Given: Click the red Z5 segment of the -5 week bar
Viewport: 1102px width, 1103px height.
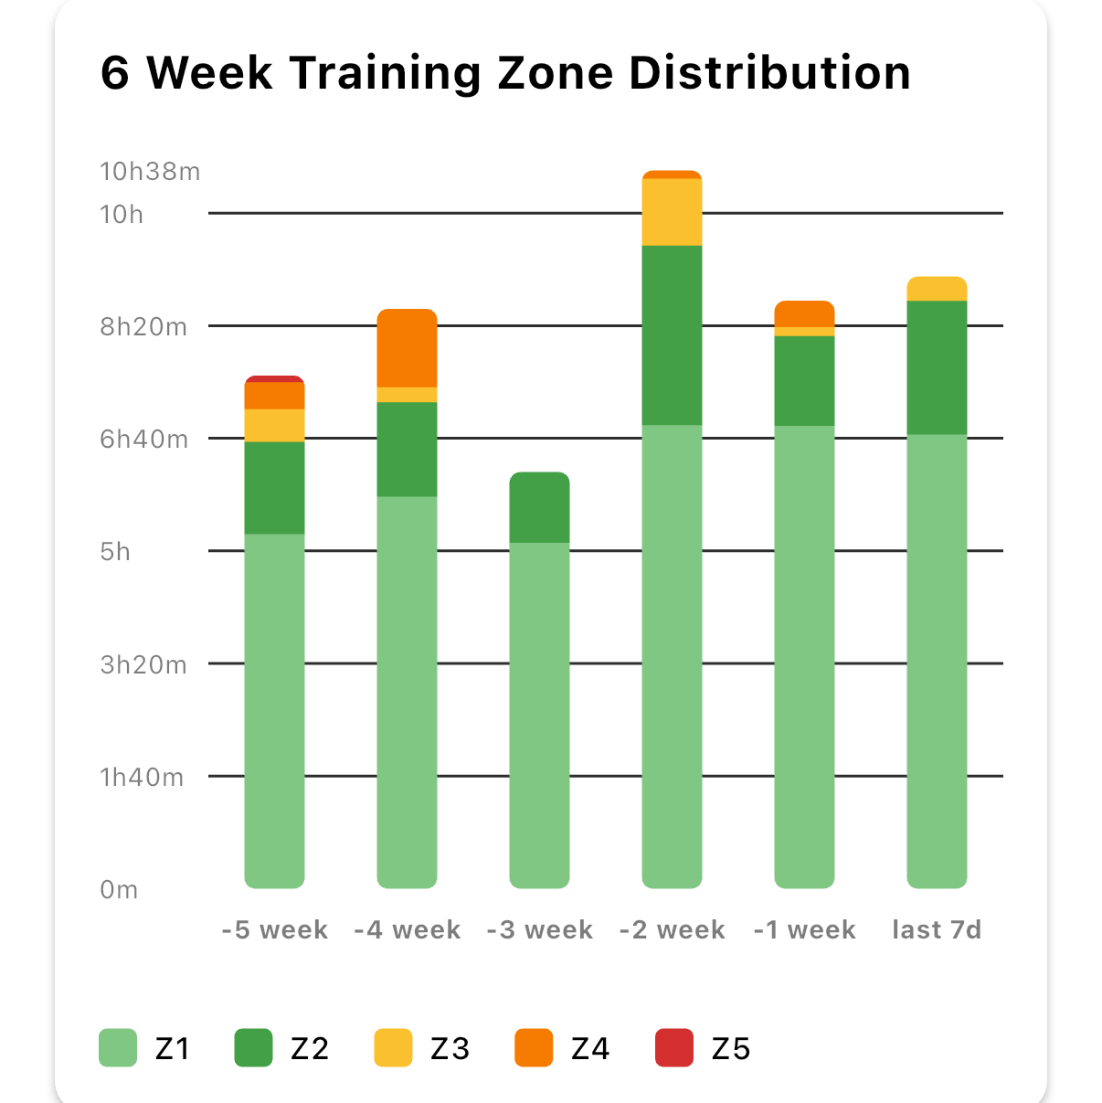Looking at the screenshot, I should pos(274,378).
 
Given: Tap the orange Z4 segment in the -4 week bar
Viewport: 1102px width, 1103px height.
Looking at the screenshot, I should pos(407,348).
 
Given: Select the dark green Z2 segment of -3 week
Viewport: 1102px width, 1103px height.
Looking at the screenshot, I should pos(539,507).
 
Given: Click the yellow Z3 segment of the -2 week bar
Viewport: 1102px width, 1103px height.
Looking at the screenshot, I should pos(672,212).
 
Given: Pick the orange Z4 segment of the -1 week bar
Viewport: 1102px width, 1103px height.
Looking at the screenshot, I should pos(804,313).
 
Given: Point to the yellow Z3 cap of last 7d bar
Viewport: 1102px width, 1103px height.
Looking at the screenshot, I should pos(937,289).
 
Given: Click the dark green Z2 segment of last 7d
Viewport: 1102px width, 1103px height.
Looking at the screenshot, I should pos(937,367).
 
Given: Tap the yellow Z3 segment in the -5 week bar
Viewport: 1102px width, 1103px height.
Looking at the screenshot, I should pos(274,425).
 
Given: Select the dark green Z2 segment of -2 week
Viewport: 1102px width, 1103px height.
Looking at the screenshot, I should pos(672,335).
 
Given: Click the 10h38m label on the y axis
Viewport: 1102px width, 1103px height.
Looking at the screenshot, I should pos(150,172).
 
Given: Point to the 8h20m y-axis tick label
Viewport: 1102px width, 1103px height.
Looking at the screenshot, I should pos(143,326).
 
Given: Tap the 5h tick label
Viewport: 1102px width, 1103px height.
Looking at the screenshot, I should pos(116,552).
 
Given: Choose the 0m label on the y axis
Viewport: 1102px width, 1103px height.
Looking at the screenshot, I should pos(119,889).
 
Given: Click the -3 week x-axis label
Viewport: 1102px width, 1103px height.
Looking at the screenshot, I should pos(539,930).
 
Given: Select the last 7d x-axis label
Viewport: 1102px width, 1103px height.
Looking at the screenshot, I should pos(937,930).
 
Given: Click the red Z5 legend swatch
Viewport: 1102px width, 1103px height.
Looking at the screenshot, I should pos(674,1048).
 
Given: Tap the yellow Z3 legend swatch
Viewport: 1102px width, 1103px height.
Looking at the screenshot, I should pos(393,1048).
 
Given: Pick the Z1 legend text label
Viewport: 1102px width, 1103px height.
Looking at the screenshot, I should pos(173,1049).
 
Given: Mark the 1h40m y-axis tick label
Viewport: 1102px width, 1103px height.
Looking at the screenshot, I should pos(142,777).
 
